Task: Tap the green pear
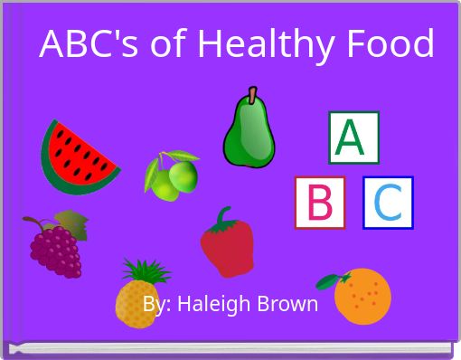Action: click(x=248, y=134)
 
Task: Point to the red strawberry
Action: click(x=227, y=247)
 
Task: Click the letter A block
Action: click(x=353, y=137)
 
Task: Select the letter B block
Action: click(x=320, y=203)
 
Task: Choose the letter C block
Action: click(x=388, y=203)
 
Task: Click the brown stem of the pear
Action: click(x=253, y=92)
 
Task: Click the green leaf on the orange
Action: click(x=334, y=278)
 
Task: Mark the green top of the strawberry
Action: click(x=222, y=217)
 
